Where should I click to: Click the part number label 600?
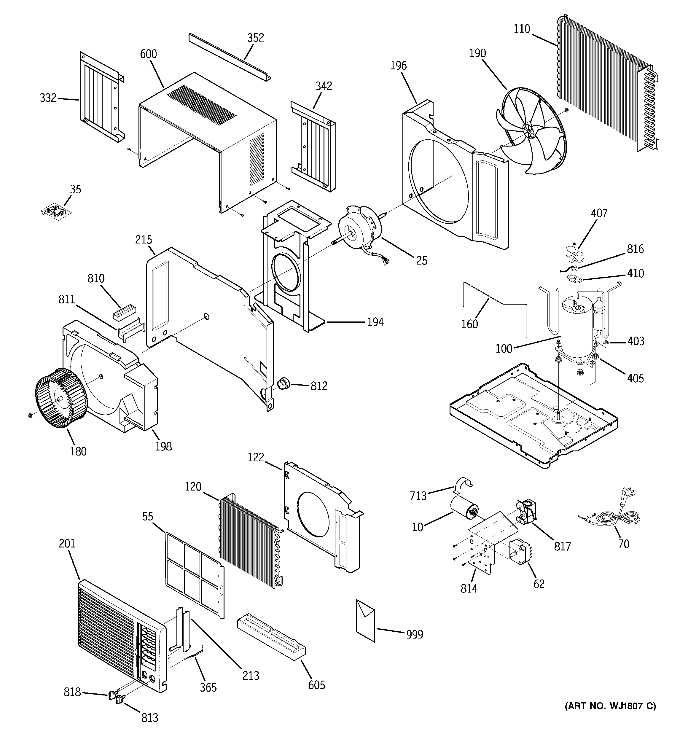coord(149,54)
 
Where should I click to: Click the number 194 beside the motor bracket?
coord(375,322)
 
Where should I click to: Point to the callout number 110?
coord(522,29)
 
